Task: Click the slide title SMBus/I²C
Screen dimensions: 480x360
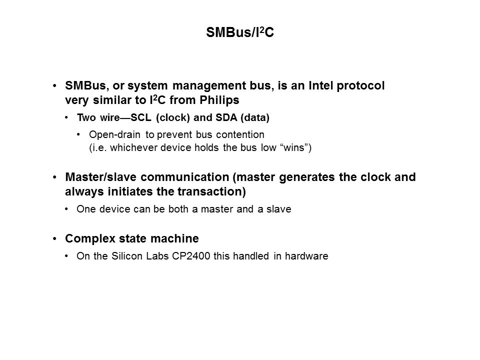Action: pos(240,32)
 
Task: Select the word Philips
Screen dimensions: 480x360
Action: pos(219,100)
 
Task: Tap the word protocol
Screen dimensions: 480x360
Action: pos(360,86)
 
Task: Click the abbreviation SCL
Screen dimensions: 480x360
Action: pos(141,117)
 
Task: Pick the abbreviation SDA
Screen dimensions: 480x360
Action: pos(226,117)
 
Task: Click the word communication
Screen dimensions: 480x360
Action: pos(185,177)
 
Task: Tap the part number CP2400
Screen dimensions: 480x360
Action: pos(191,256)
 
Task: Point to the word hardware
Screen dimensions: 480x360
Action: pos(306,256)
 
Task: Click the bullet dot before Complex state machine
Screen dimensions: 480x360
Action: pos(55,239)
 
